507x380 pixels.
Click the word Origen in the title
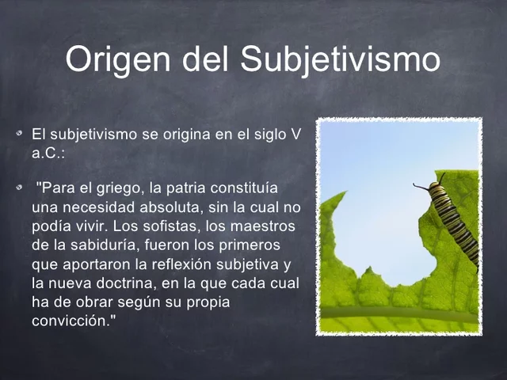pyautogui.click(x=117, y=59)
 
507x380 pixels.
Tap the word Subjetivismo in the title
pyautogui.click(x=341, y=59)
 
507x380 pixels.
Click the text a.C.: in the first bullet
pyautogui.click(x=48, y=151)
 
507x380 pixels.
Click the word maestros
pyautogui.click(x=266, y=227)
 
